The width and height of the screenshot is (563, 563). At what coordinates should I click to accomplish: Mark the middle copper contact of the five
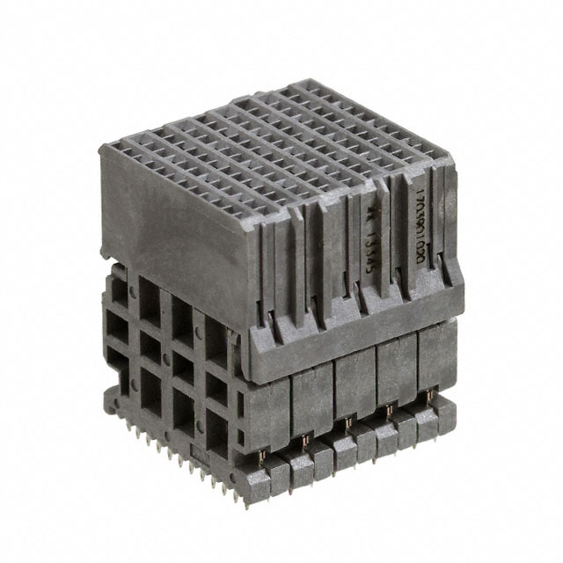click(x=347, y=425)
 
